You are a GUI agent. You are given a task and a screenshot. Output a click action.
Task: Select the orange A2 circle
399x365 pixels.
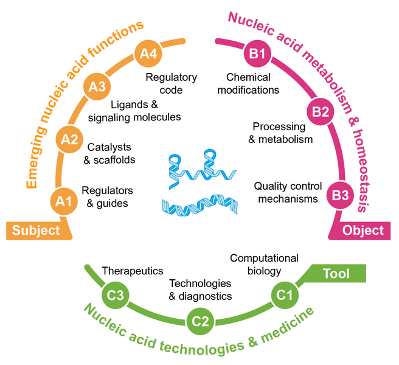(x=70, y=141)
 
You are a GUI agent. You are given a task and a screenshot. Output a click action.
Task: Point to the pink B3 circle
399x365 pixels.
(x=339, y=196)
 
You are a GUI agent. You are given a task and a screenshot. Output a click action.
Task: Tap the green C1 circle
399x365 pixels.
(x=283, y=296)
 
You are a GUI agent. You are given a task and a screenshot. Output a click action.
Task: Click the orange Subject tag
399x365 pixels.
(x=38, y=230)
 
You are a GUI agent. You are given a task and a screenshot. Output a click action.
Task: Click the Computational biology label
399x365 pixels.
(x=255, y=265)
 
